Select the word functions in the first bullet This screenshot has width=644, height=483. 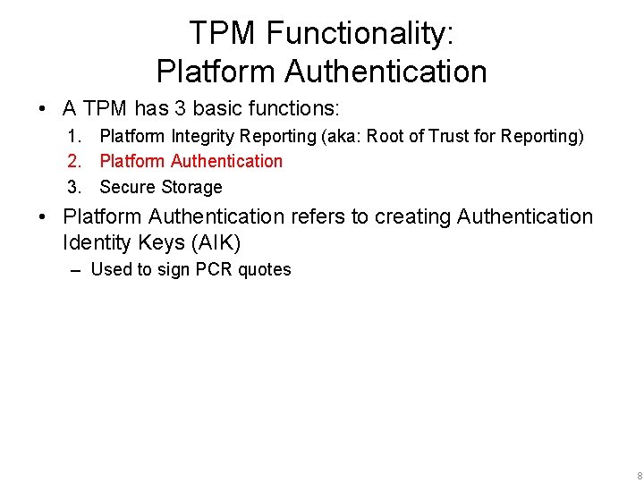coord(297,109)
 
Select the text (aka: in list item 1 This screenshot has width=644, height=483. coord(342,136)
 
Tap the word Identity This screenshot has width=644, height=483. coord(96,242)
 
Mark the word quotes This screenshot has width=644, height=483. coord(265,269)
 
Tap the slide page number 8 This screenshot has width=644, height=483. coord(638,475)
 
